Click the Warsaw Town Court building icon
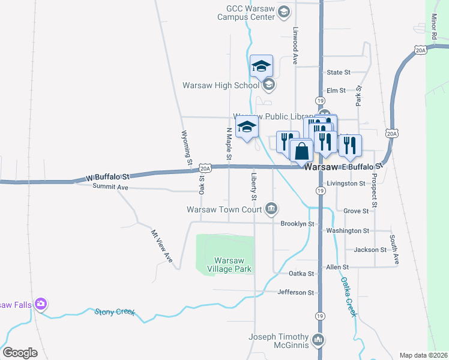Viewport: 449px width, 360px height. (271, 209)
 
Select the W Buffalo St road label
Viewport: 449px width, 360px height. (108, 177)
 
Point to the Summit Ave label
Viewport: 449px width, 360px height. (110, 187)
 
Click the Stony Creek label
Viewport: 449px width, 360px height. (115, 312)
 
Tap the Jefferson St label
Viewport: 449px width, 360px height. (296, 293)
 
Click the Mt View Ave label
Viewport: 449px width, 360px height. (161, 246)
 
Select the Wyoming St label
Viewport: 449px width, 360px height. (187, 148)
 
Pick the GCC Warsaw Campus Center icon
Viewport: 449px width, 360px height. (285, 13)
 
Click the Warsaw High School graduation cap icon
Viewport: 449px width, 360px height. (269, 85)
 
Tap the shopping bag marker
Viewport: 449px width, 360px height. (301, 151)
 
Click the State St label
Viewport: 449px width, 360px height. (339, 73)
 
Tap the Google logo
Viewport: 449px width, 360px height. (20, 353)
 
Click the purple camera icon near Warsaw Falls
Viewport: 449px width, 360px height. (40, 305)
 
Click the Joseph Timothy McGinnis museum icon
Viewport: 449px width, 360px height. (318, 341)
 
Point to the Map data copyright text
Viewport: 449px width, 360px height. (423, 355)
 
